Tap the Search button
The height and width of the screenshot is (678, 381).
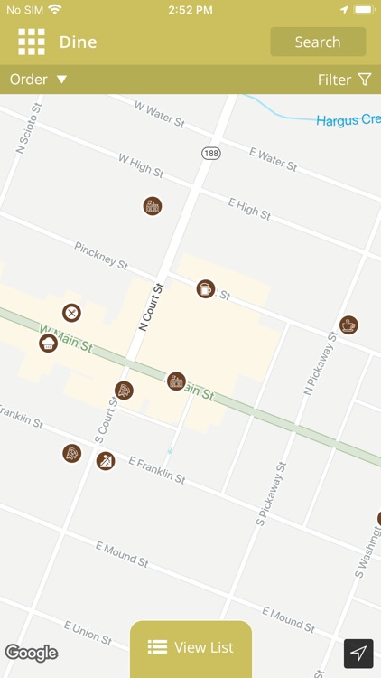318,42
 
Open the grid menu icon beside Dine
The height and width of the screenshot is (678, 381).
32,42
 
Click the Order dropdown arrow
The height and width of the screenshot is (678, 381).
62,80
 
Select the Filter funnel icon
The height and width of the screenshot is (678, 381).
365,80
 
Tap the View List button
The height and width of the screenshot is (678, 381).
190,647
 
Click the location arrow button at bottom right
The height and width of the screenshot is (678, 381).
358,653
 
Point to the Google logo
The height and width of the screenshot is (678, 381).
32,653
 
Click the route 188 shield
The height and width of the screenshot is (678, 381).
211,154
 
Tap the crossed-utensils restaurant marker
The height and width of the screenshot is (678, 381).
71,313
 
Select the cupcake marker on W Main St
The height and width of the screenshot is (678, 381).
48,343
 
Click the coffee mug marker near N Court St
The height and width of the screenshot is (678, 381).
206,288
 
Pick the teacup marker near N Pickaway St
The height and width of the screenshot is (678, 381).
348,325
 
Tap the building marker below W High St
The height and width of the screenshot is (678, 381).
153,206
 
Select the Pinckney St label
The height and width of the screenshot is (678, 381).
101,255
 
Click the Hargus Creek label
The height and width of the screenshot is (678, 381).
348,120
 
